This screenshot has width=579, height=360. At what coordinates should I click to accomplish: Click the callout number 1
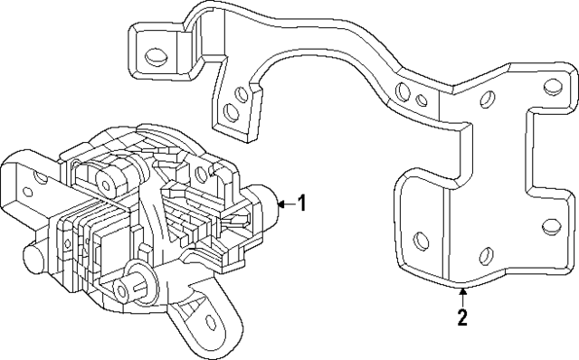[301, 204]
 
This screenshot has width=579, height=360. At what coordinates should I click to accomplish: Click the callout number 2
[462, 317]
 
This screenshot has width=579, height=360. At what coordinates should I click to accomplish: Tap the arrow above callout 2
[462, 292]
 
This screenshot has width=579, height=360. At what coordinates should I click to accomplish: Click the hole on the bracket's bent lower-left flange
[418, 242]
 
